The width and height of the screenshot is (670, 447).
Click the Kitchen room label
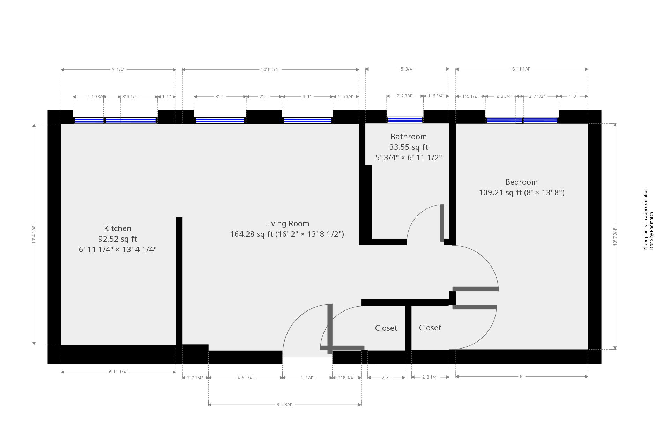pyautogui.click(x=118, y=228)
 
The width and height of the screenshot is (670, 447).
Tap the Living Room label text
pyautogui.click(x=287, y=223)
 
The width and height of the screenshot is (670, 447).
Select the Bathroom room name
pyautogui.click(x=408, y=137)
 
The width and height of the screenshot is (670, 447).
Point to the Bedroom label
pyautogui.click(x=521, y=182)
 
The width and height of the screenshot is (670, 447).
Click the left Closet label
pyautogui.click(x=386, y=328)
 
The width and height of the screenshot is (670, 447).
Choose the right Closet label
pyautogui.click(x=430, y=328)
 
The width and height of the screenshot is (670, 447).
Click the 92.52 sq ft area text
pyautogui.click(x=118, y=239)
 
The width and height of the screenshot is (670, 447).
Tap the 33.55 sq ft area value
pyautogui.click(x=408, y=147)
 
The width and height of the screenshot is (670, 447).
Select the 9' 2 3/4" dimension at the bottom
pyautogui.click(x=285, y=405)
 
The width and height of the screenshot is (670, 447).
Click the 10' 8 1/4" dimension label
pyautogui.click(x=270, y=69)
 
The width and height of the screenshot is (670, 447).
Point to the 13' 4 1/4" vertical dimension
pyautogui.click(x=34, y=234)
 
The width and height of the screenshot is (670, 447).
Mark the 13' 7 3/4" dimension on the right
pyautogui.click(x=615, y=237)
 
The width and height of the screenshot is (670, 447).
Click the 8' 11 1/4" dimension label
pyautogui.click(x=521, y=69)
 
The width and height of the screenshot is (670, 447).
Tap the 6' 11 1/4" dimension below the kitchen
pyautogui.click(x=118, y=372)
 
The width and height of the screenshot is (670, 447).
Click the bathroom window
pyautogui.click(x=405, y=120)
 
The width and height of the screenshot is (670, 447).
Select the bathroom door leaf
pyautogui.click(x=442, y=223)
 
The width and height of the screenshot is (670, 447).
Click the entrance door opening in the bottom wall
pyautogui.click(x=307, y=357)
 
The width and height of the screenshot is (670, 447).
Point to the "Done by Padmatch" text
pyautogui.click(x=652, y=231)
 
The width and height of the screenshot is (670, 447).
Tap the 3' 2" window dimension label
pyautogui.click(x=220, y=97)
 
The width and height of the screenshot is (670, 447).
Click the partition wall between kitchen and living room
pyautogui.click(x=179, y=281)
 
